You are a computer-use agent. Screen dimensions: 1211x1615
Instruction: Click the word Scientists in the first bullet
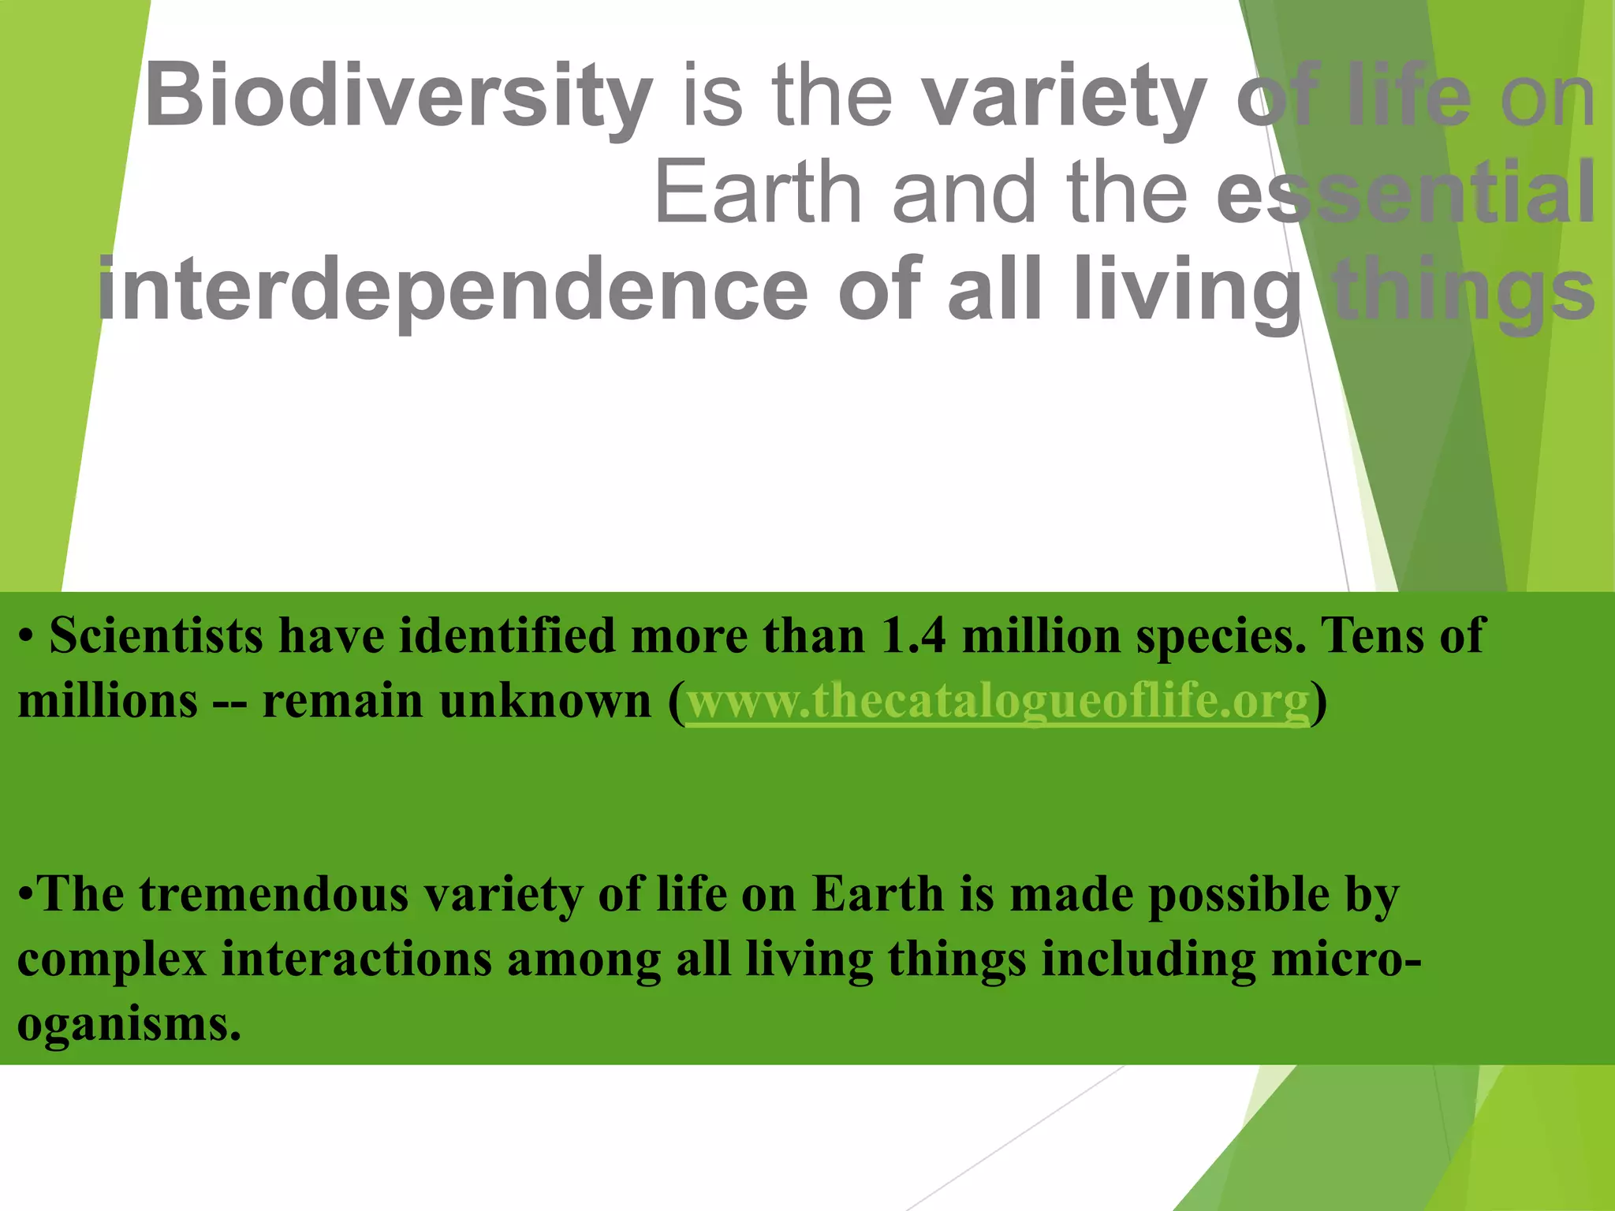(x=156, y=635)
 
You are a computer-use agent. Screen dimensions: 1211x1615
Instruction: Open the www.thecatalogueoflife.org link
(x=998, y=700)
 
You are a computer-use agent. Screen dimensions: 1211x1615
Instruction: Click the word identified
(x=506, y=635)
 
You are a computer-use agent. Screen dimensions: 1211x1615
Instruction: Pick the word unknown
(x=545, y=700)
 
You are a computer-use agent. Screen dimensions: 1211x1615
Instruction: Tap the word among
(x=584, y=961)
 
